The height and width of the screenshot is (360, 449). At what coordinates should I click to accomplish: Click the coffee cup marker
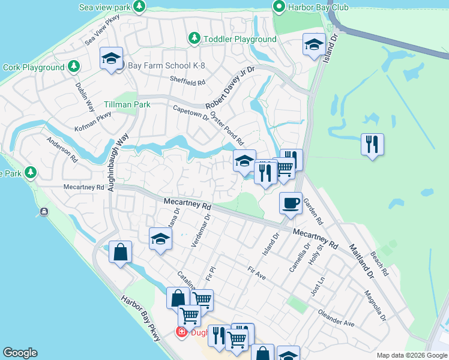(x=291, y=203)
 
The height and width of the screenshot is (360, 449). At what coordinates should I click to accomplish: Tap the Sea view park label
(x=105, y=7)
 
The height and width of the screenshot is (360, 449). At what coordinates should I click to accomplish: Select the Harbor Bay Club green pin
(x=279, y=7)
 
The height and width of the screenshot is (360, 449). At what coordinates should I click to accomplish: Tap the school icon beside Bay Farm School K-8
(x=111, y=58)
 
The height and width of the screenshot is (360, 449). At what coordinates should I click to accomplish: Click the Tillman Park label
(x=127, y=104)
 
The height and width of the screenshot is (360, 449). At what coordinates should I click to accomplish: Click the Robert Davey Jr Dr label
(x=231, y=88)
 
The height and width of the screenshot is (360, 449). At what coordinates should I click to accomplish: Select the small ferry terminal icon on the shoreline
(x=44, y=211)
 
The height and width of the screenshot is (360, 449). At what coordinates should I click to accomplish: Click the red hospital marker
(x=180, y=332)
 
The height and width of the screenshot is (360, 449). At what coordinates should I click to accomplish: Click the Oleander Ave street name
(x=336, y=319)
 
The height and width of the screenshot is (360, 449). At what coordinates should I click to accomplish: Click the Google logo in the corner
(x=20, y=353)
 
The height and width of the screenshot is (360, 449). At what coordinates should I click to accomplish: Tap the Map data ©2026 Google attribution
(x=411, y=355)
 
